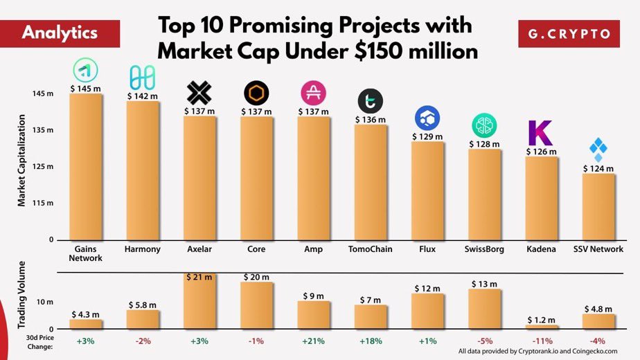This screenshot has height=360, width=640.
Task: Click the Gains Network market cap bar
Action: pyautogui.click(x=86, y=166)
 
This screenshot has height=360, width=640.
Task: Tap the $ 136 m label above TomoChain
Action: pyautogui.click(x=370, y=120)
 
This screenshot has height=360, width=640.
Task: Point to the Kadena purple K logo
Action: pyautogui.click(x=540, y=132)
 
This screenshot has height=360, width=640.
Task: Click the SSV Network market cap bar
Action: pyautogui.click(x=598, y=206)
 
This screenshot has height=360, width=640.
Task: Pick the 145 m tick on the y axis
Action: pyautogui.click(x=43, y=93)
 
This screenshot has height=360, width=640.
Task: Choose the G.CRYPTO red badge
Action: pyautogui.click(x=569, y=33)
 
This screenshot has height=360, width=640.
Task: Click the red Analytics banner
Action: pyautogui.click(x=60, y=33)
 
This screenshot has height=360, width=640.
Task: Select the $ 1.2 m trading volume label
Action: pyautogui.click(x=540, y=320)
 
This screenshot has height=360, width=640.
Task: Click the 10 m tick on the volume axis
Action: pyautogui.click(x=44, y=302)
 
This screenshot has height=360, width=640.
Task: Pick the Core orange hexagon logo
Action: pyautogui.click(x=256, y=93)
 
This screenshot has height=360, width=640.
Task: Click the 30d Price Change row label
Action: pyautogui.click(x=42, y=342)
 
